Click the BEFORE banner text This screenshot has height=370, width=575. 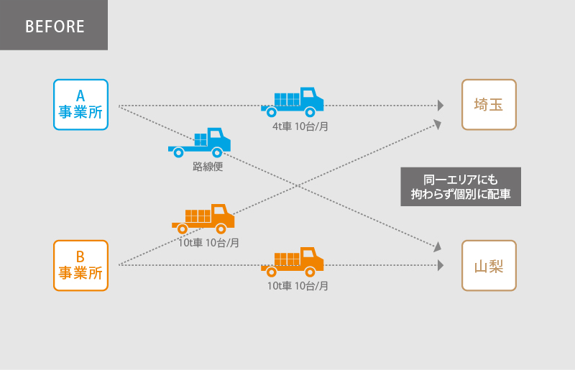pyautogui.click(x=55, y=27)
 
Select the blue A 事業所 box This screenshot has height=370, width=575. pyautogui.click(x=80, y=105)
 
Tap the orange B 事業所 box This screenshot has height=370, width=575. pyautogui.click(x=80, y=265)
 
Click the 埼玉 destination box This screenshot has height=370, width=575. pyautogui.click(x=489, y=105)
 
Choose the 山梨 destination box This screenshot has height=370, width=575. pyautogui.click(x=489, y=265)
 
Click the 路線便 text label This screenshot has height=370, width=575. pyautogui.click(x=208, y=166)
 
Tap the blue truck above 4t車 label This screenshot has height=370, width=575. pyautogui.click(x=293, y=102)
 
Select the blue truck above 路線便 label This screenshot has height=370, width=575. pyautogui.click(x=201, y=142)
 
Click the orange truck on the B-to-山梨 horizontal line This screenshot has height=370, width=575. pyautogui.click(x=293, y=262)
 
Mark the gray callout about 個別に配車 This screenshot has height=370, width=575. pyautogui.click(x=460, y=187)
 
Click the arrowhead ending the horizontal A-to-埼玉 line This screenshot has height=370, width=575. pyautogui.click(x=440, y=106)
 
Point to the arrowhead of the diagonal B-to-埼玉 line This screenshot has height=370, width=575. pyautogui.click(x=437, y=124)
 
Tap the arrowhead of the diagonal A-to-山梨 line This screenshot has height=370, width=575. pyautogui.click(x=437, y=246)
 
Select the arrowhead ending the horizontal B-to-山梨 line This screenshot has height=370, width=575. pyautogui.click(x=440, y=265)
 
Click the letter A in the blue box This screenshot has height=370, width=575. pyautogui.click(x=80, y=94)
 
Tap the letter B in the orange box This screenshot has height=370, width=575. pyautogui.click(x=80, y=255)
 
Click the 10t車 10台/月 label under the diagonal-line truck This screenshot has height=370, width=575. pyautogui.click(x=208, y=242)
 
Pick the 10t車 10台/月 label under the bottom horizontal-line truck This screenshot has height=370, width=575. pyautogui.click(x=298, y=285)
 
